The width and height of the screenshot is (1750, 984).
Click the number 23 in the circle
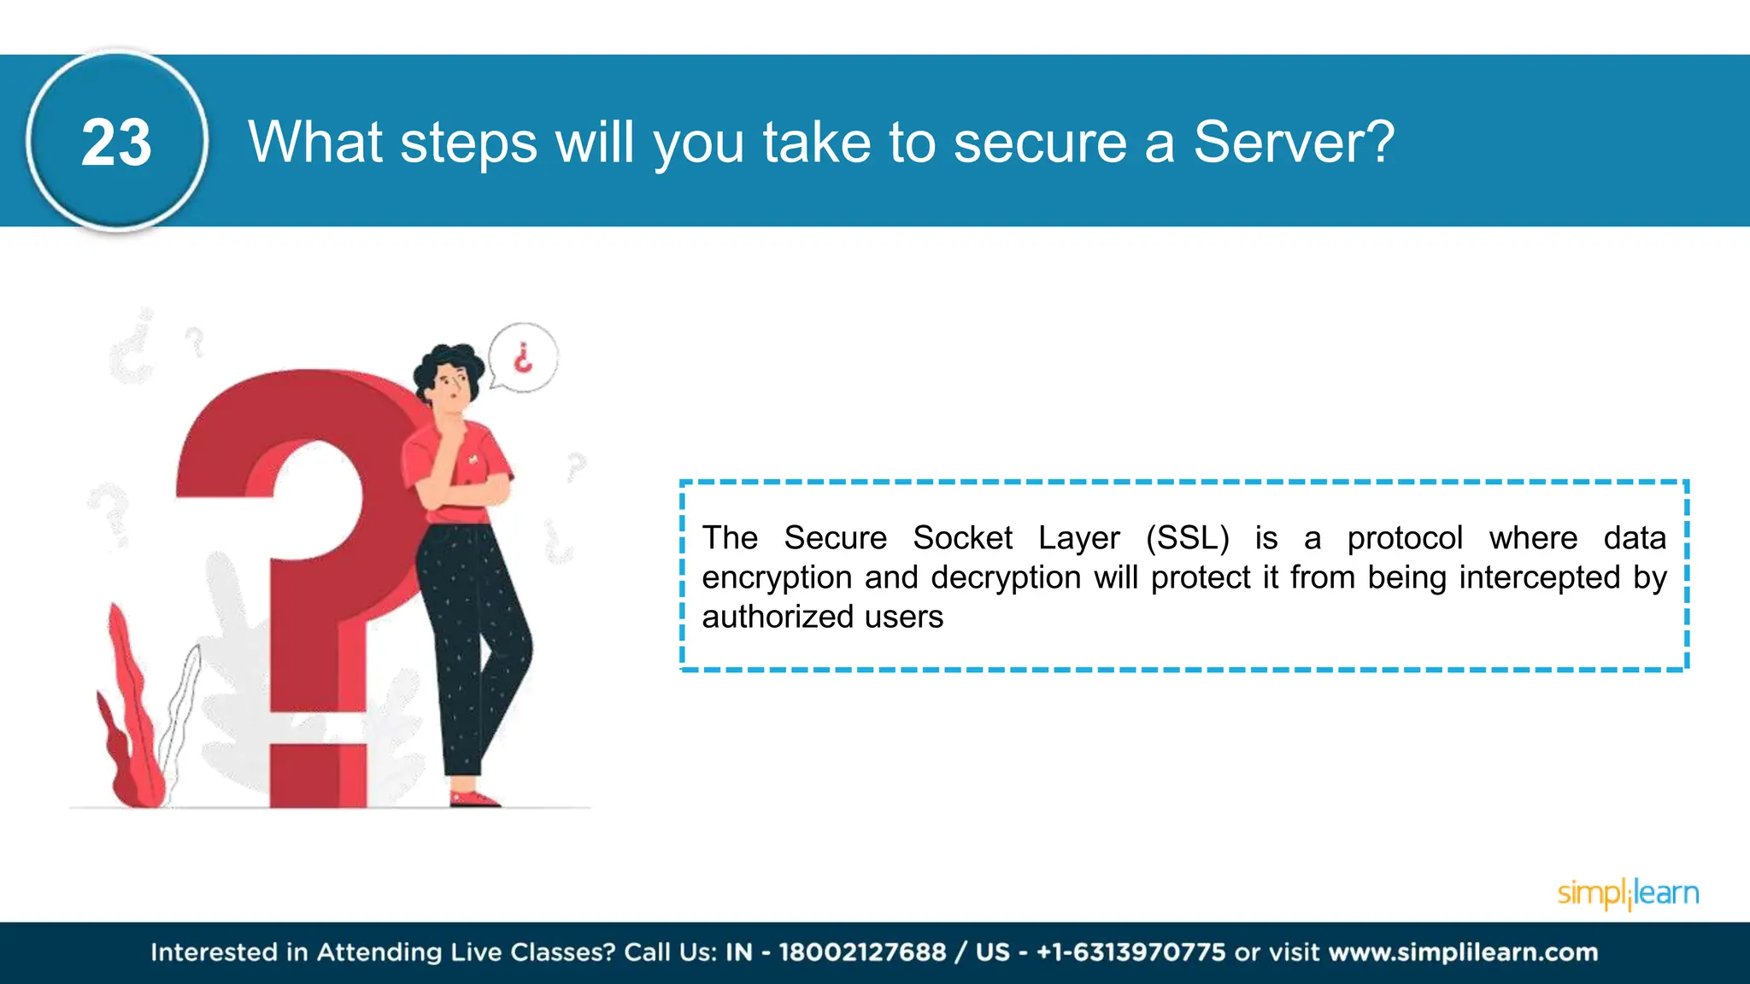pos(116,143)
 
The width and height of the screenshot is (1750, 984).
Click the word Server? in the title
pos(1294,142)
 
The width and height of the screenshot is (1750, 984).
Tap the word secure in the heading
pos(1040,143)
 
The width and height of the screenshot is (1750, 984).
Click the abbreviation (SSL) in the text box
pos(1187,538)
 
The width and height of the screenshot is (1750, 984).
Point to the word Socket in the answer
pos(962,538)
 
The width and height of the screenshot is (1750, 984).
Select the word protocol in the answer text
pos(1405,538)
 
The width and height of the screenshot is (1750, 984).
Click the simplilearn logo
pos(1628,893)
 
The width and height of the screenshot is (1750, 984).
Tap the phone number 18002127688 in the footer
pos(862,952)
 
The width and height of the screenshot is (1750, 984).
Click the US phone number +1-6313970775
pos(1130,952)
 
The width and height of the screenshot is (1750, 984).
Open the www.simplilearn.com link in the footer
pos(1463,952)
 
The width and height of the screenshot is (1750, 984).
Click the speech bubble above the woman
pos(523,358)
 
